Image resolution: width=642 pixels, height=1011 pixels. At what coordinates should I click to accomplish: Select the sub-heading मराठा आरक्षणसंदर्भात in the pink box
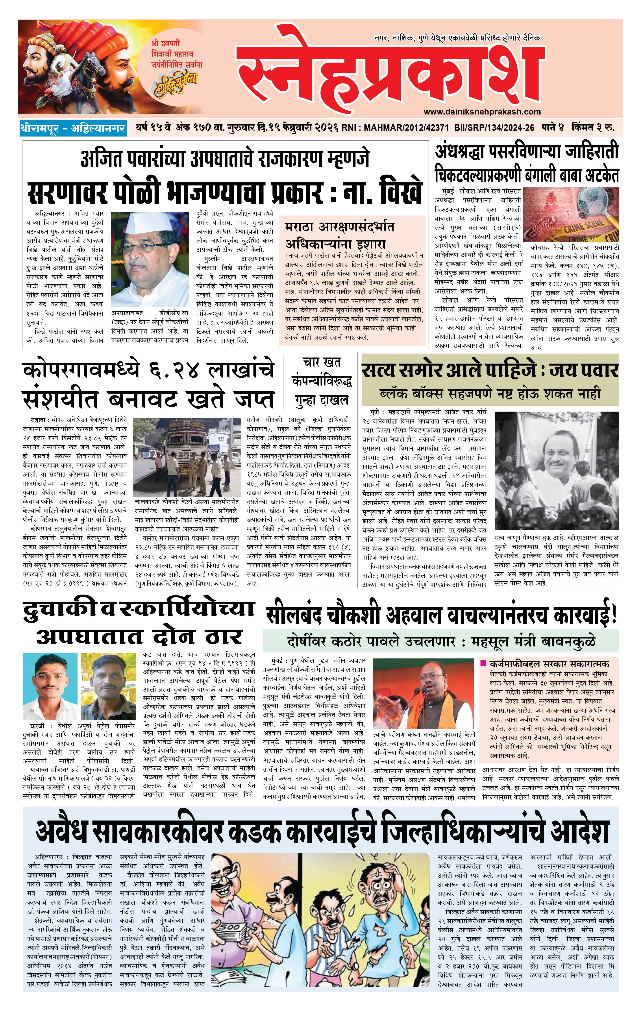[x=339, y=227]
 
